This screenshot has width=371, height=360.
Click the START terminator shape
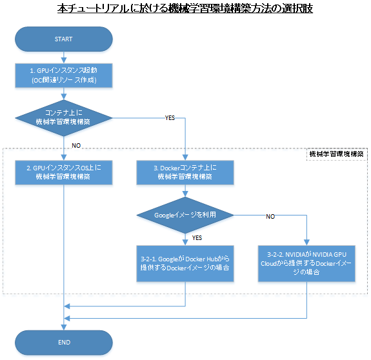64,39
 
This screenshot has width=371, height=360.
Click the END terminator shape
64,342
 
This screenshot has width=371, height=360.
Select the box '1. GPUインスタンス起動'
64,75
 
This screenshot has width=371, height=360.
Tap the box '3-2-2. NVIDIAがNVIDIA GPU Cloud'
306,263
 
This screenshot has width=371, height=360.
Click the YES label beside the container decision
170,118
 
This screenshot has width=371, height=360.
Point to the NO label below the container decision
76,145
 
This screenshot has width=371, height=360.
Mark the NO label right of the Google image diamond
270,215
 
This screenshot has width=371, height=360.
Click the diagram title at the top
185,9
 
